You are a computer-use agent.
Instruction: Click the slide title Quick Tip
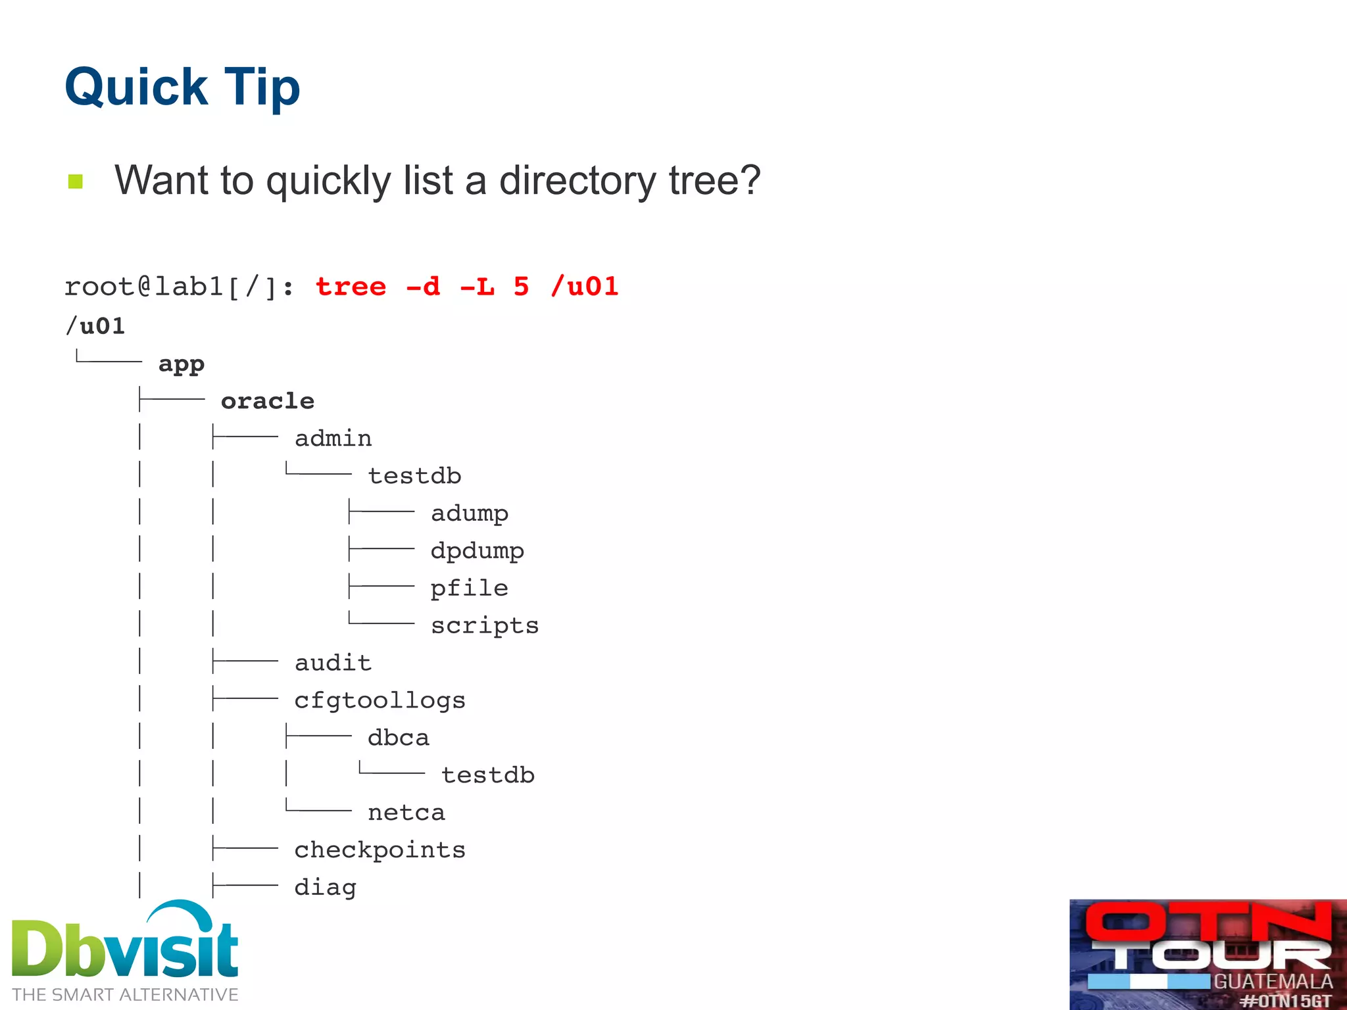(x=182, y=87)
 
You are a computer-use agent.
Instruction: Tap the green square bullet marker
(x=76, y=181)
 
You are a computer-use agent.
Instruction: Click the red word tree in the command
(x=351, y=287)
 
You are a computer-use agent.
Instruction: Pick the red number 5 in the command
(x=521, y=287)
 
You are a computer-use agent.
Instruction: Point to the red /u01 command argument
(x=585, y=287)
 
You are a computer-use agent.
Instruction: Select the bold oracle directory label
(x=268, y=401)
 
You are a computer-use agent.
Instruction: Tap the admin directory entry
(x=333, y=439)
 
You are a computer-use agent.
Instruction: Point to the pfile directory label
(x=470, y=589)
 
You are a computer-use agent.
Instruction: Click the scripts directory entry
(x=485, y=625)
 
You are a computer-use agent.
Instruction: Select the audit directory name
(x=333, y=663)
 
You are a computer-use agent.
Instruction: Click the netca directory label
(x=406, y=813)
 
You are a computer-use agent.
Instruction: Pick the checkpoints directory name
(x=380, y=850)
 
